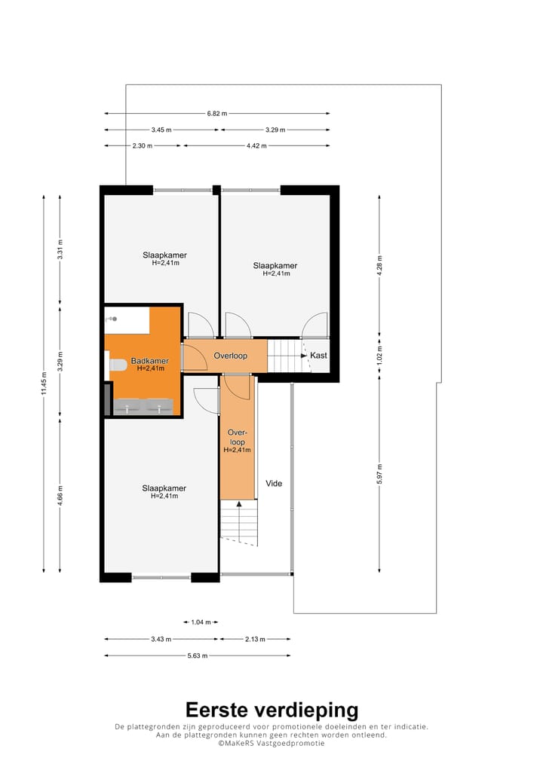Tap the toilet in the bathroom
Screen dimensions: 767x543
click(118, 365)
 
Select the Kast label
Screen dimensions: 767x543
click(318, 355)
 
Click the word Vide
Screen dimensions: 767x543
click(274, 483)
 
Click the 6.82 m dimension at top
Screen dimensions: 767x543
click(217, 113)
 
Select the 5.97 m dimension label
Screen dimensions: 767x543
click(380, 474)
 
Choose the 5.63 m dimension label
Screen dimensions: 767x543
click(197, 655)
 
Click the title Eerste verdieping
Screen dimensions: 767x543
click(271, 710)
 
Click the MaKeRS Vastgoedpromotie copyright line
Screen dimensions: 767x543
click(271, 743)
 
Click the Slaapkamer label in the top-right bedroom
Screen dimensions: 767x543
click(275, 265)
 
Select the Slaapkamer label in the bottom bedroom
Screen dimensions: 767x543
click(164, 488)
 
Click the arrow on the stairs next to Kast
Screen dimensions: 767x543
click(300, 355)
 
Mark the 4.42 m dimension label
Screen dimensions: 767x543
click(256, 146)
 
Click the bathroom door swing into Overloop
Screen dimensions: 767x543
click(195, 358)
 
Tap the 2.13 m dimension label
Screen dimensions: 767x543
click(254, 639)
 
